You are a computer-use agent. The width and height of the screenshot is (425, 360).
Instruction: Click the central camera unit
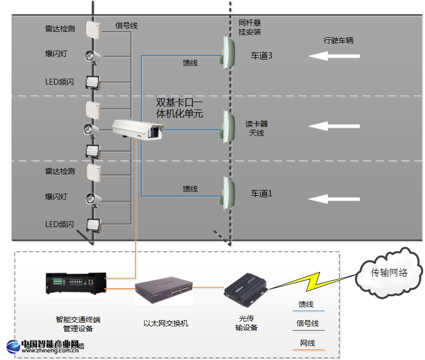click(x=137, y=129)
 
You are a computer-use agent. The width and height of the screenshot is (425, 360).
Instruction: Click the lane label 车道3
click(x=262, y=56)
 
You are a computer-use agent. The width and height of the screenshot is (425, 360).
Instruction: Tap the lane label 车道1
click(x=261, y=194)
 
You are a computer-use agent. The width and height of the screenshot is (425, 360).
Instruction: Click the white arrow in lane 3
click(x=335, y=56)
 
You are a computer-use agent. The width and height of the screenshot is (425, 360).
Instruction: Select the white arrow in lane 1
click(x=335, y=199)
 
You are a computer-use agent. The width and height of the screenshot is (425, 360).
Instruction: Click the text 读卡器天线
click(x=257, y=128)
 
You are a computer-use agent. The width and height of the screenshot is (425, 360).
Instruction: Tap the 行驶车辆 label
click(x=338, y=40)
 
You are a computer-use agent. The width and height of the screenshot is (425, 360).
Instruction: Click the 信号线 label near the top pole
click(x=126, y=26)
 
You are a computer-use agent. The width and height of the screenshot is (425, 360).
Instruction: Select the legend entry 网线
click(x=308, y=343)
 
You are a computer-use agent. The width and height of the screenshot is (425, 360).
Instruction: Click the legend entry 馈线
click(x=306, y=305)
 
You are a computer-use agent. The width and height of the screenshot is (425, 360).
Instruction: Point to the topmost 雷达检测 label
click(x=60, y=29)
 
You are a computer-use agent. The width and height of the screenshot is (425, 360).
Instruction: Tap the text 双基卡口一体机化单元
click(x=179, y=108)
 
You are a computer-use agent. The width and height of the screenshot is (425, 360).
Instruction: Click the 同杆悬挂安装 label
click(x=250, y=28)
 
